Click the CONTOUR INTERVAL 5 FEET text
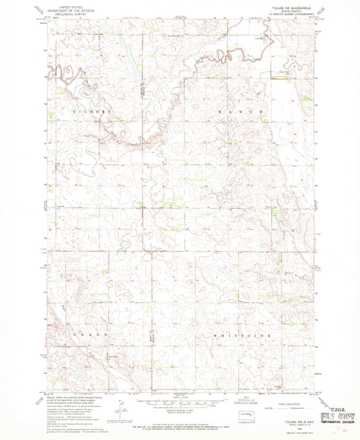coord(179,409)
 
